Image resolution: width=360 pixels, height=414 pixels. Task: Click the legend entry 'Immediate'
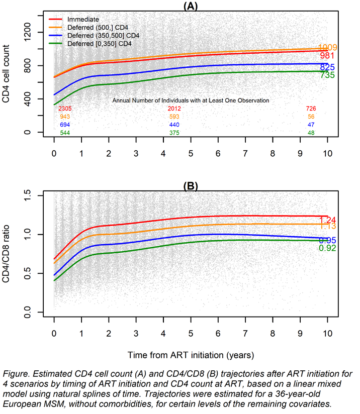tap(83, 19)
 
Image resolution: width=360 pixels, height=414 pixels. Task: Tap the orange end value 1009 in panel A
tap(327, 48)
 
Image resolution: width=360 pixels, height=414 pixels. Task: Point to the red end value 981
tap(327, 55)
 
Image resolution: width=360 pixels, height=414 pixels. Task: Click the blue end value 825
tap(327, 67)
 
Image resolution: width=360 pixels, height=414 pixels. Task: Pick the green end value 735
tap(327, 75)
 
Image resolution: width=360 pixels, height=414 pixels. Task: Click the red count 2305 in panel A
tap(65, 109)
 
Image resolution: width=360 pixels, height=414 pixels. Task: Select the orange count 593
tap(174, 117)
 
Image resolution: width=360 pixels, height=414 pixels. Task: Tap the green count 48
tap(311, 133)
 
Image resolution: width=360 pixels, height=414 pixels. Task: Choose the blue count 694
tap(65, 125)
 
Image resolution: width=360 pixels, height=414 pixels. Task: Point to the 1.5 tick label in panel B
tap(27, 195)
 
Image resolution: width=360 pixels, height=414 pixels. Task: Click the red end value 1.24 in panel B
tap(327, 220)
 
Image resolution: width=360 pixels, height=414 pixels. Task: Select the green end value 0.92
tap(327, 248)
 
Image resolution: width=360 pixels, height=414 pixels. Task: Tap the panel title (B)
tap(191, 186)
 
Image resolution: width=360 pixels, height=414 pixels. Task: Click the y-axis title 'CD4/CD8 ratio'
tap(6, 254)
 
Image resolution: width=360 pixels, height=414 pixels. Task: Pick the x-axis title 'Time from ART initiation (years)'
tap(191, 355)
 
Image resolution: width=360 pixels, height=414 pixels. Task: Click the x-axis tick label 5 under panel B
tap(191, 334)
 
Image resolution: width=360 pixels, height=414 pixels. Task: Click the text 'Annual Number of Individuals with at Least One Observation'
tap(191, 100)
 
